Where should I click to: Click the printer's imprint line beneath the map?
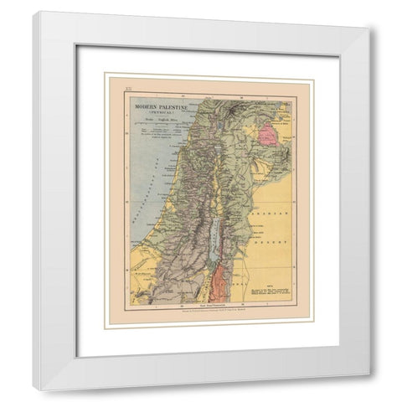[215, 314]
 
